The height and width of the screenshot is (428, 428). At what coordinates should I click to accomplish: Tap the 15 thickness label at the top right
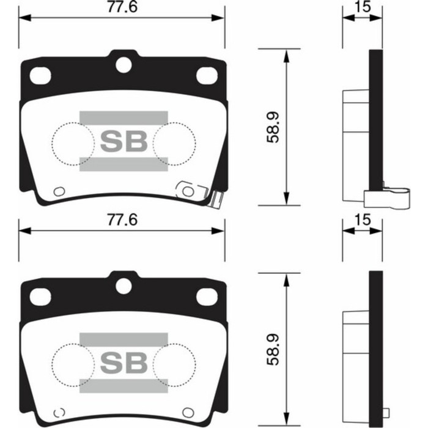pos(361,7)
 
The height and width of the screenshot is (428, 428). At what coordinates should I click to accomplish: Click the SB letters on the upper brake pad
pos(123,141)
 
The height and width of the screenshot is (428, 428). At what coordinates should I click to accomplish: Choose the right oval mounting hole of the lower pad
pos(207,296)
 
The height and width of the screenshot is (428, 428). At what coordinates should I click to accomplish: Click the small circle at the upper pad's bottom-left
pos(59,191)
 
